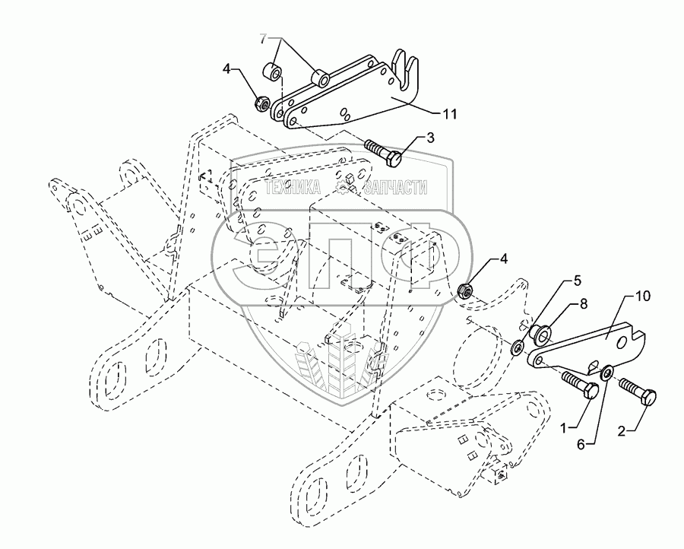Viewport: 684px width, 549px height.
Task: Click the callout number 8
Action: click(584, 303)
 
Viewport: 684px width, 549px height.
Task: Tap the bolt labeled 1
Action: click(579, 384)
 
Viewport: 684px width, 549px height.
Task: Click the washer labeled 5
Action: click(517, 347)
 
